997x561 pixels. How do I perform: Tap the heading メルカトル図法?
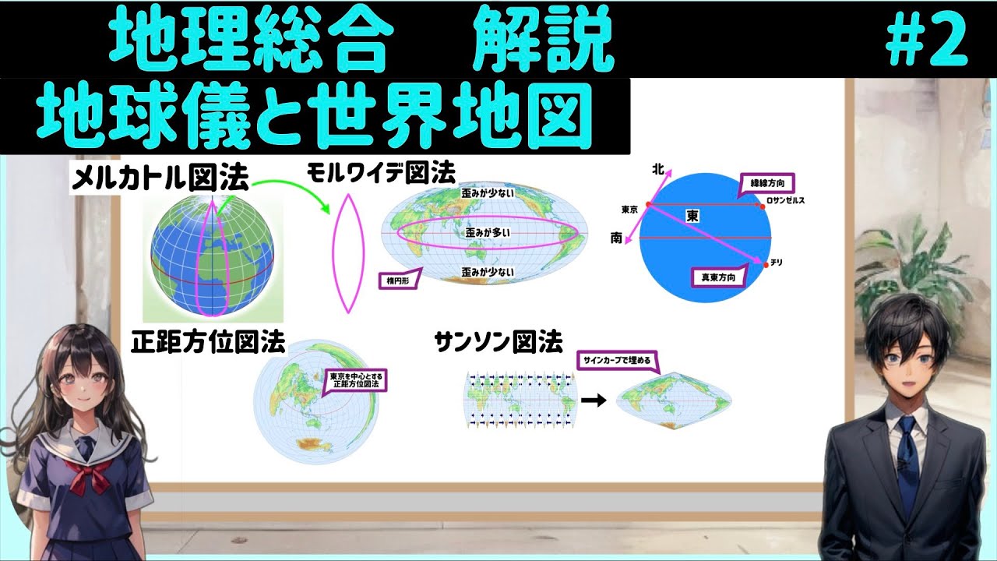coord(160,180)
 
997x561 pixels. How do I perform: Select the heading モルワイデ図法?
coord(381,171)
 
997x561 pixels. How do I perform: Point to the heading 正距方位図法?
coord(208,342)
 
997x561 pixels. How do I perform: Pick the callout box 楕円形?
coord(400,279)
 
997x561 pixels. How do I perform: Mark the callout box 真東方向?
coord(718,276)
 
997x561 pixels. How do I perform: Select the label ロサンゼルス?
coord(785,201)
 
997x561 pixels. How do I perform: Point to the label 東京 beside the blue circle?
coord(630,210)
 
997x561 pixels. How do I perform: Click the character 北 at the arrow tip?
coord(658,168)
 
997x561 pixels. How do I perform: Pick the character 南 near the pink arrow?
coord(616,238)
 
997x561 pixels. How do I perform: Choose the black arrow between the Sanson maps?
coord(594,400)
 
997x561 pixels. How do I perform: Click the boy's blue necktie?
coord(905,460)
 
